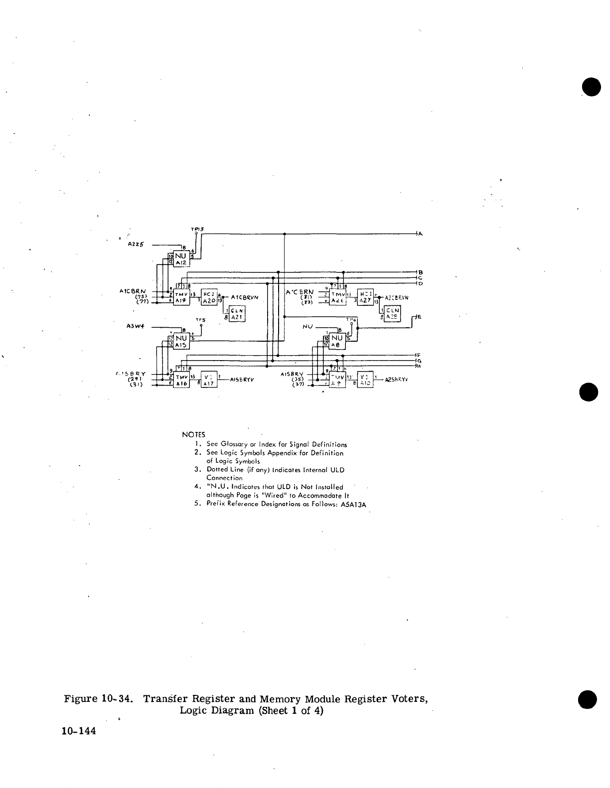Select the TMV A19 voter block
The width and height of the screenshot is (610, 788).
coord(181,297)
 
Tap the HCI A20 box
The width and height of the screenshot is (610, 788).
coord(209,297)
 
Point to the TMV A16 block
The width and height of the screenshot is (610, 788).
coord(181,381)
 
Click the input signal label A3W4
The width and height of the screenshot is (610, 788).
coord(136,327)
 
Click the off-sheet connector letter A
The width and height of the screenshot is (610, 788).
coord(420,233)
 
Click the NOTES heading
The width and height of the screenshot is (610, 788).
coord(193,434)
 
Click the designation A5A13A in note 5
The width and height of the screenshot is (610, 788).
coord(353,504)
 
